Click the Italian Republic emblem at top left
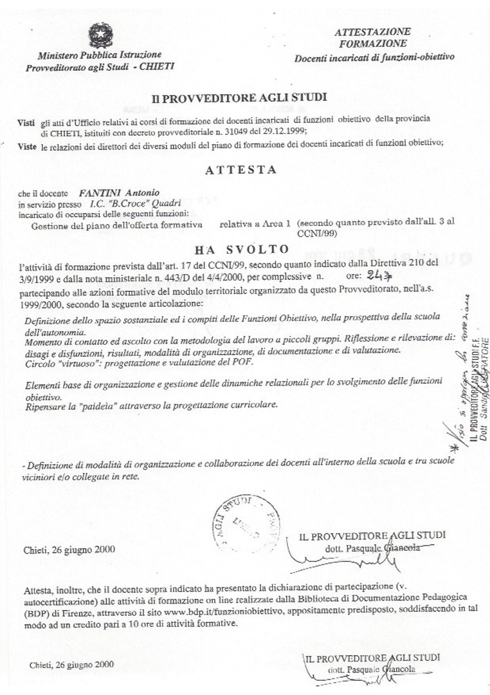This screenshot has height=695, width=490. pyautogui.click(x=99, y=33)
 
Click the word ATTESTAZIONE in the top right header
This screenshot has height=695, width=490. pyautogui.click(x=373, y=32)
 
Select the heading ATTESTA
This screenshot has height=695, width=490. pyautogui.click(x=241, y=171)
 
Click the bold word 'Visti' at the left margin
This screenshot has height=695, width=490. pyautogui.click(x=26, y=122)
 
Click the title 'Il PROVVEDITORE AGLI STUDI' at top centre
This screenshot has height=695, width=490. pyautogui.click(x=239, y=98)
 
